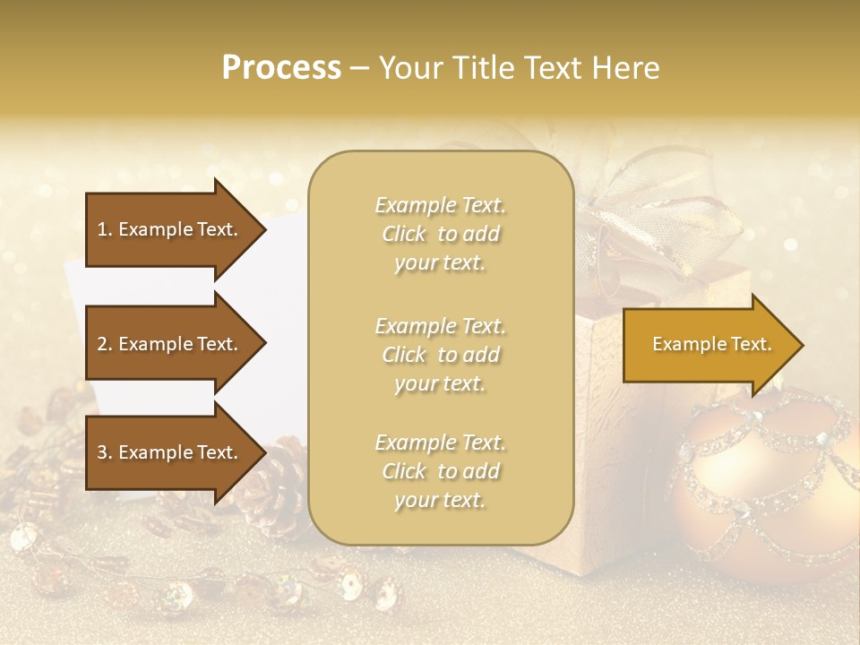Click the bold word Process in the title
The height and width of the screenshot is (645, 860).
coord(281,67)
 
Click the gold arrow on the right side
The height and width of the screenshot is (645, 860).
coord(708,344)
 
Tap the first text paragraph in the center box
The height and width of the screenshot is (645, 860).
coord(440,234)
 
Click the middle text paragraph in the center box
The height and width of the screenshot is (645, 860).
coord(440,355)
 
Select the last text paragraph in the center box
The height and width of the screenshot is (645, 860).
coord(440,471)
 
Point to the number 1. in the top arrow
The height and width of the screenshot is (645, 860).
coord(105,229)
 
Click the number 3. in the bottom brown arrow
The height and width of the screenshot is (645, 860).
coord(105,452)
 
